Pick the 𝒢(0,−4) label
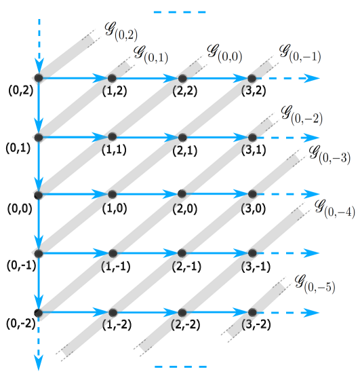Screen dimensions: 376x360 coord(334,208)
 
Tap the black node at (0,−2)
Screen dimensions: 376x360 coord(39,313)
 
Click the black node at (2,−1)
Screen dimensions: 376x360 coord(182,253)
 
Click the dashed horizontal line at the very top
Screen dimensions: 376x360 coord(180,12)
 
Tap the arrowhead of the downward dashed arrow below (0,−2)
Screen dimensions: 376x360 coord(39,364)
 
